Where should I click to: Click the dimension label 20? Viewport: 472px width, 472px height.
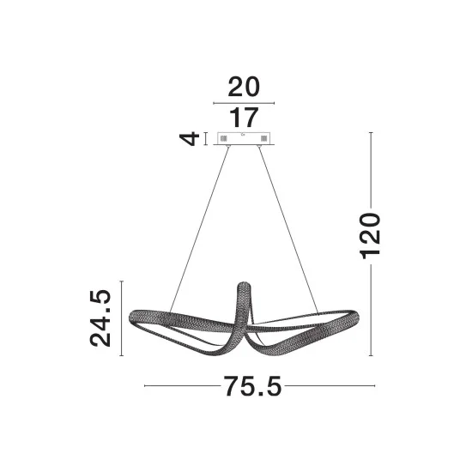(244, 87)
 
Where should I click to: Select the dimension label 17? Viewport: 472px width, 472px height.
(244, 118)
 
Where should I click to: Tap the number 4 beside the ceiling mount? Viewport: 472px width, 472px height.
(190, 139)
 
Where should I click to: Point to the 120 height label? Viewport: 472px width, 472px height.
(370, 236)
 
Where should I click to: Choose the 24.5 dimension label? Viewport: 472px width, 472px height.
(100, 318)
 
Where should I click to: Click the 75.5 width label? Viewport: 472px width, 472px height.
(252, 386)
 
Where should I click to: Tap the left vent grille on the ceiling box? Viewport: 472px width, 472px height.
(223, 139)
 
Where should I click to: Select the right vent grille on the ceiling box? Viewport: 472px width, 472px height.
(263, 139)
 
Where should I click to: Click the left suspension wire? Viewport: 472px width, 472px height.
(199, 229)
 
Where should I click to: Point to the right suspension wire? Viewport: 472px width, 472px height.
(288, 230)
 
